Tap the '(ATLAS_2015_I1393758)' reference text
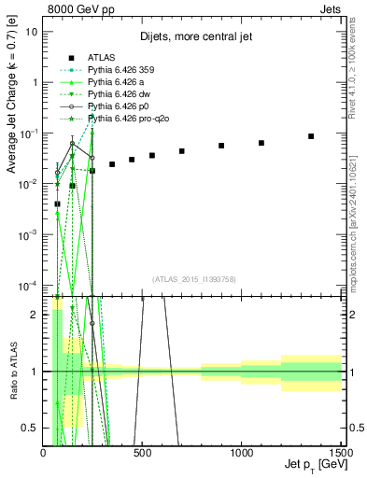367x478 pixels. coord(193,278)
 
